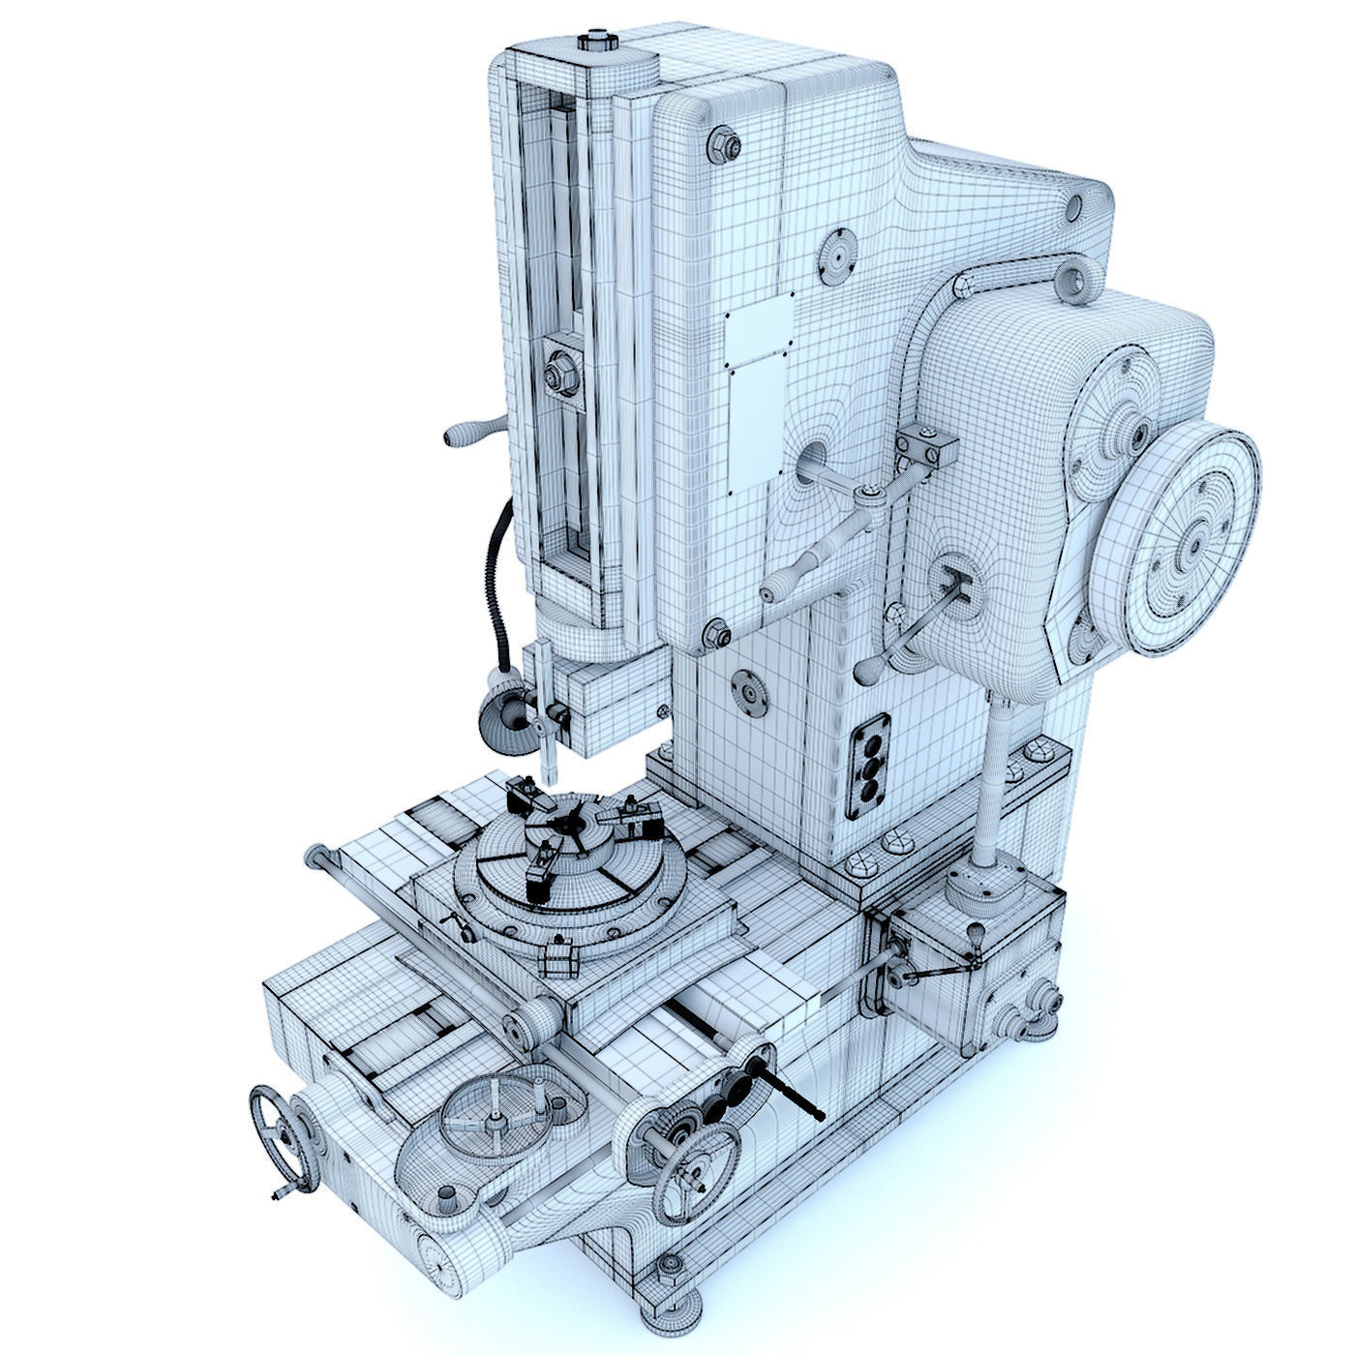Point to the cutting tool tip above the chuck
(x=550, y=774)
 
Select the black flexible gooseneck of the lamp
(x=497, y=581)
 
